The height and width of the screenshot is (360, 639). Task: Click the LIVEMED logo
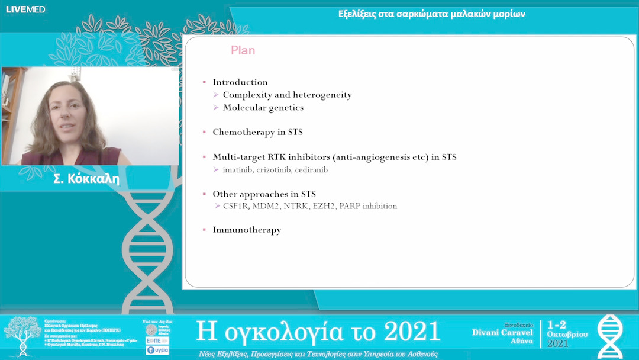point(25,9)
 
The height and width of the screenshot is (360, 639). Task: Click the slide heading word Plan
point(243,50)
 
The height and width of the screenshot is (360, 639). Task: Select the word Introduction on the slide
point(240,82)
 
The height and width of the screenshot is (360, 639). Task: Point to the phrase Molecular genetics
point(263,107)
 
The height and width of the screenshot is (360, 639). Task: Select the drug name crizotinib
point(276,170)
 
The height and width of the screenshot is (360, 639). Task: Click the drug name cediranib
point(313,170)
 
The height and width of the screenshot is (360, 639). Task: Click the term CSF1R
point(236,206)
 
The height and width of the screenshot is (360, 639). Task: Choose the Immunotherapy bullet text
point(247,230)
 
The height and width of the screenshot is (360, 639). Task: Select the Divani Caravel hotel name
point(502,333)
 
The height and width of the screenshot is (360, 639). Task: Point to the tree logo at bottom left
point(22,334)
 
